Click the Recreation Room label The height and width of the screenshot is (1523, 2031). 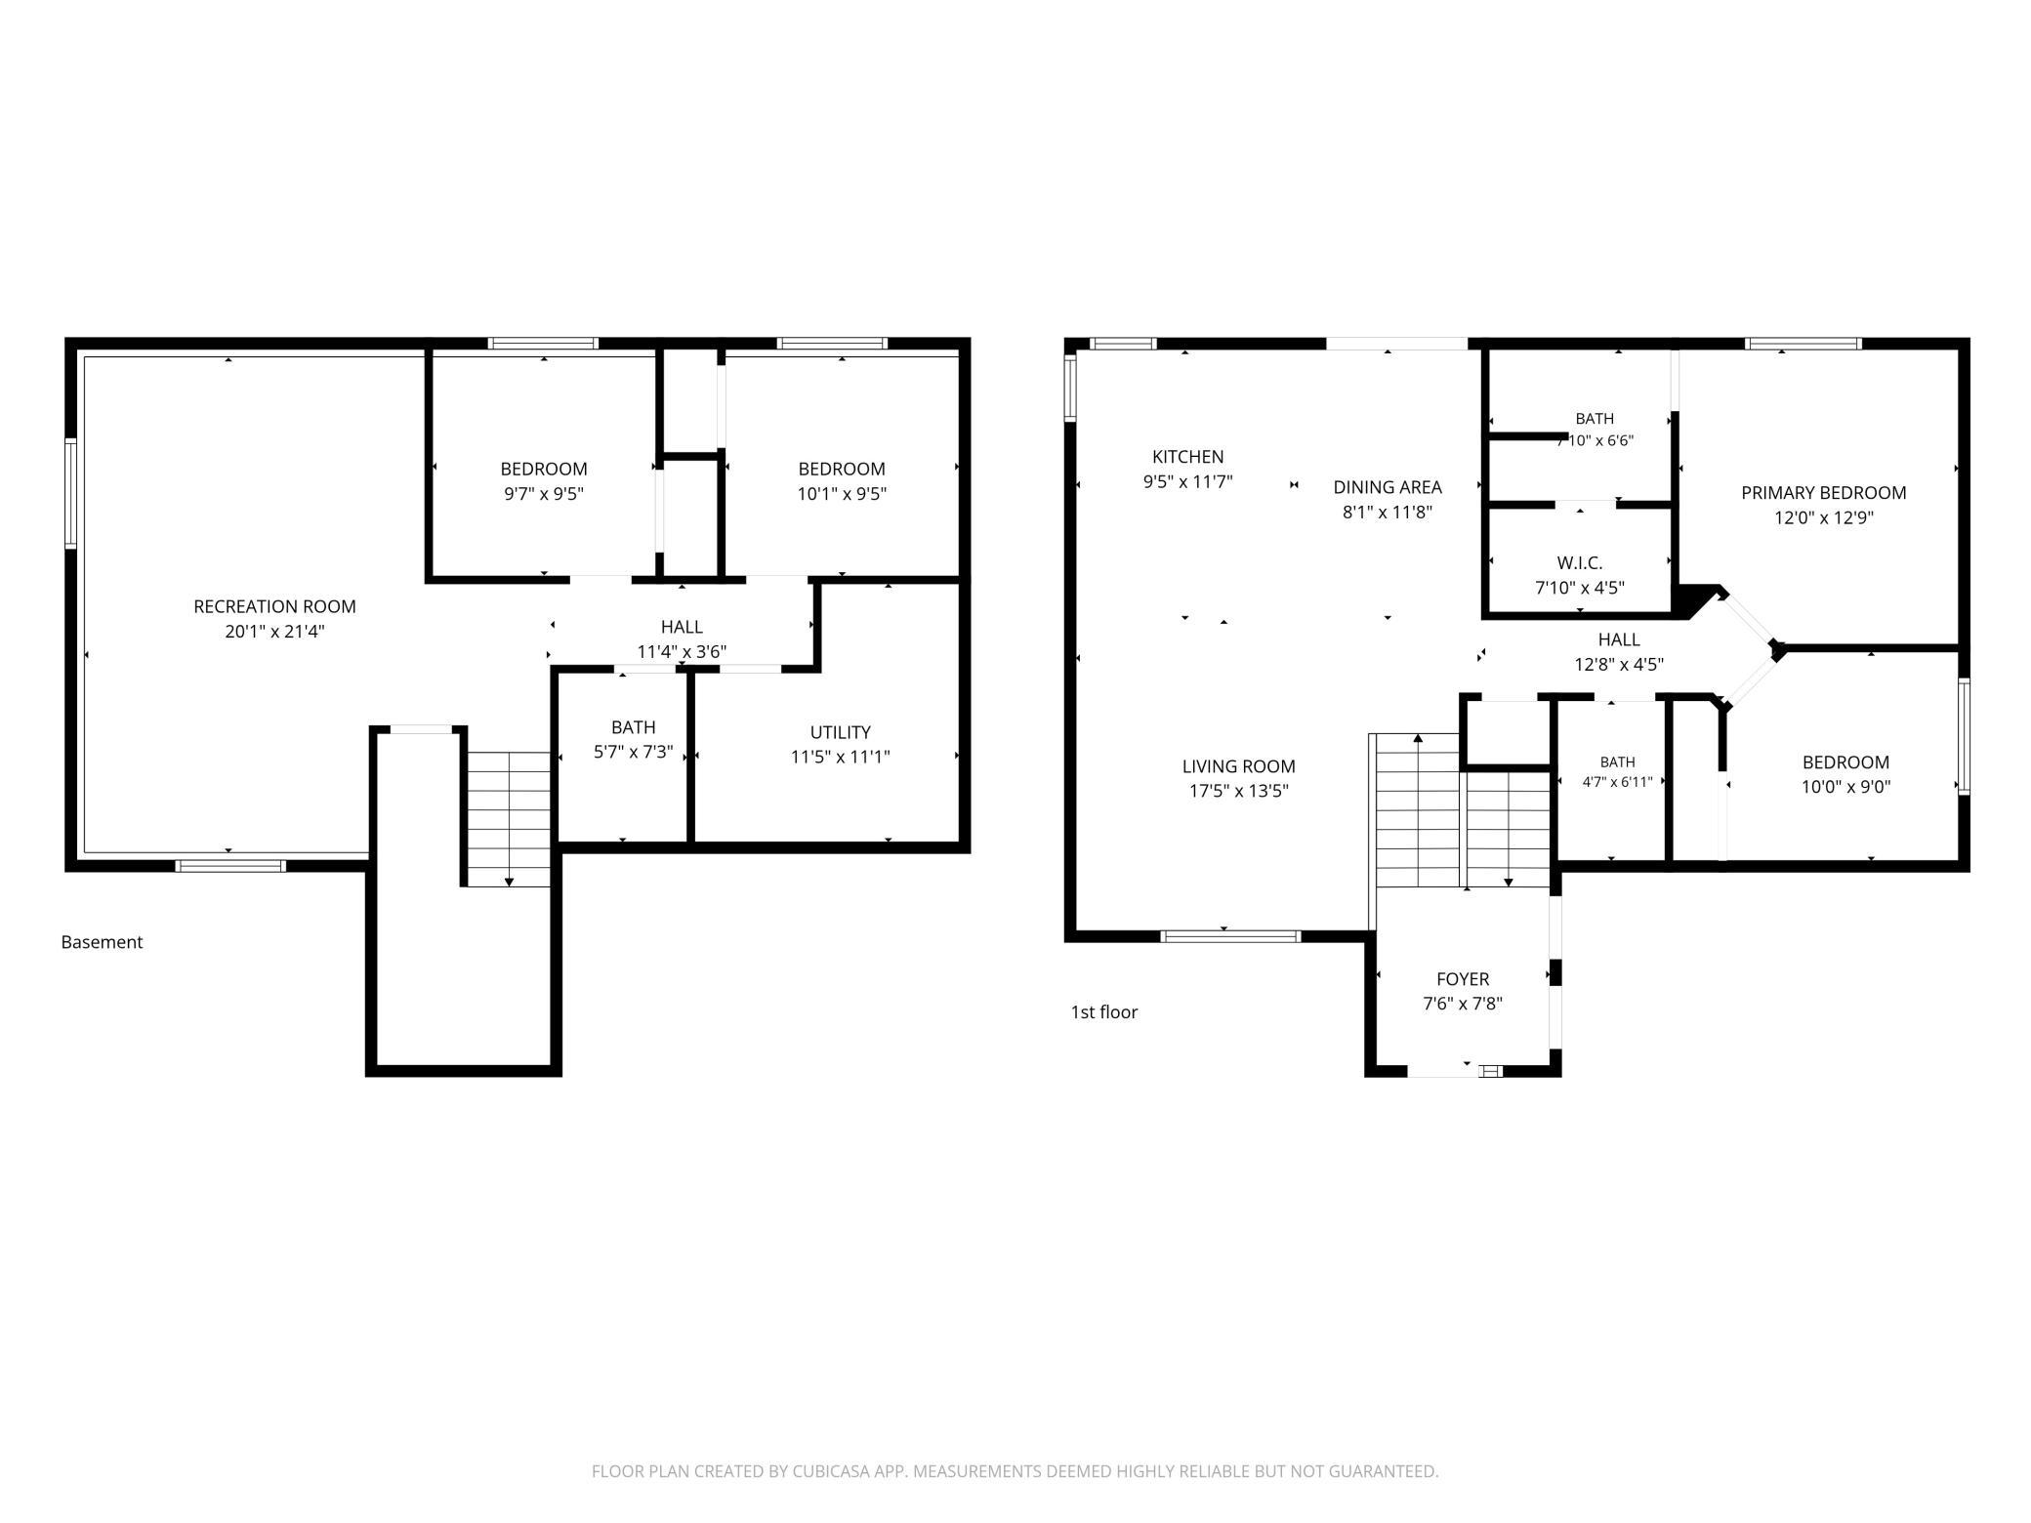(274, 606)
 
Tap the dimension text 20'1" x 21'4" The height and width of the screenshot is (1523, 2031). (274, 632)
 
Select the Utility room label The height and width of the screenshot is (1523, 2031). (840, 732)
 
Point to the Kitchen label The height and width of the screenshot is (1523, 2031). (1187, 457)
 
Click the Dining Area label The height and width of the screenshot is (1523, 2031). (1388, 487)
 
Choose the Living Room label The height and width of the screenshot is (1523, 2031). (1238, 766)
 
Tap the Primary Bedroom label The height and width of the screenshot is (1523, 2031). (1823, 493)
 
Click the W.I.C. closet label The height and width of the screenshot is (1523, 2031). (1579, 563)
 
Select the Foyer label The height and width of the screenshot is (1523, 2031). (1463, 979)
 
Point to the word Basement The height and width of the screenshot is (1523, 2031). (102, 942)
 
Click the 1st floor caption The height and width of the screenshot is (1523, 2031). (1104, 1012)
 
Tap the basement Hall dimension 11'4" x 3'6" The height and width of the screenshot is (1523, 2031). (682, 651)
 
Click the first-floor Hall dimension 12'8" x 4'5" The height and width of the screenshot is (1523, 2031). (1619, 665)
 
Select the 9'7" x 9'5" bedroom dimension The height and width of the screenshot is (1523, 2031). (544, 494)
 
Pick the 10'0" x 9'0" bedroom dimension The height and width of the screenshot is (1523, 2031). (1845, 787)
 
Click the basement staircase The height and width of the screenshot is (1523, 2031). (509, 819)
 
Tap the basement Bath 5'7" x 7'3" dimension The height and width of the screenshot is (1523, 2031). (633, 752)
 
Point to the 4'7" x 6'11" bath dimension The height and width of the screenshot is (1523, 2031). (1617, 782)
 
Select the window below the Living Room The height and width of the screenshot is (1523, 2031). (1230, 936)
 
